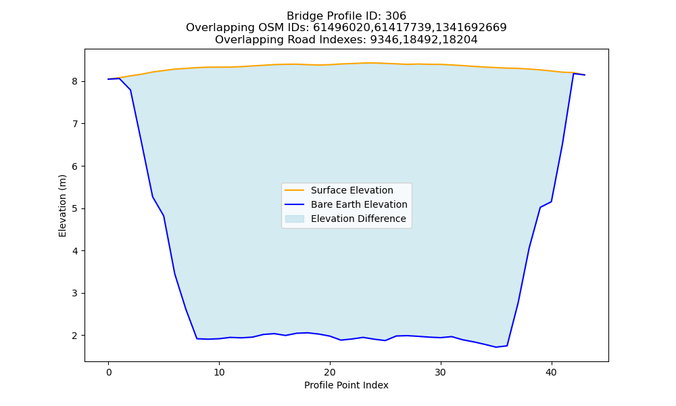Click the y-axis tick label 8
(75, 82)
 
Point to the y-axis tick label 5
(75, 209)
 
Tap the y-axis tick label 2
(75, 336)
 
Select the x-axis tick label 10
(219, 372)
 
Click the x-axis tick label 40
(552, 372)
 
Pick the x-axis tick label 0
(109, 372)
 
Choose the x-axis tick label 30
(441, 372)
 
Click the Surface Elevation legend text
(352, 190)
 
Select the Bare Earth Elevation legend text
(359, 204)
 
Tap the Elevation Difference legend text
(358, 219)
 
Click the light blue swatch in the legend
(295, 219)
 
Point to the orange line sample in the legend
(295, 190)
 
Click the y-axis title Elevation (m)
(62, 206)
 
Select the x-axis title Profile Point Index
(346, 385)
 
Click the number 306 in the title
(395, 16)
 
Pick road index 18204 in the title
(460, 40)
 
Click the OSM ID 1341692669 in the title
(471, 28)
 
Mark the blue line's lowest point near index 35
(496, 347)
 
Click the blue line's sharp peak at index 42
(573, 74)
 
